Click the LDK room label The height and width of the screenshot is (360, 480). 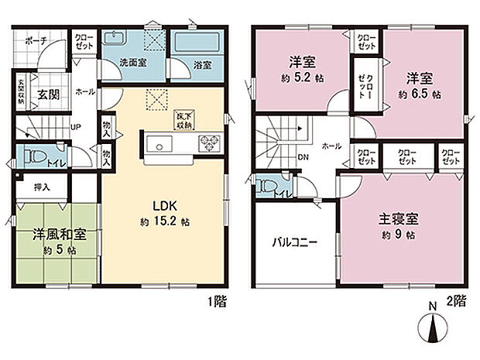click(165, 206)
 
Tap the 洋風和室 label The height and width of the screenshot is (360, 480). click(59, 234)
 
